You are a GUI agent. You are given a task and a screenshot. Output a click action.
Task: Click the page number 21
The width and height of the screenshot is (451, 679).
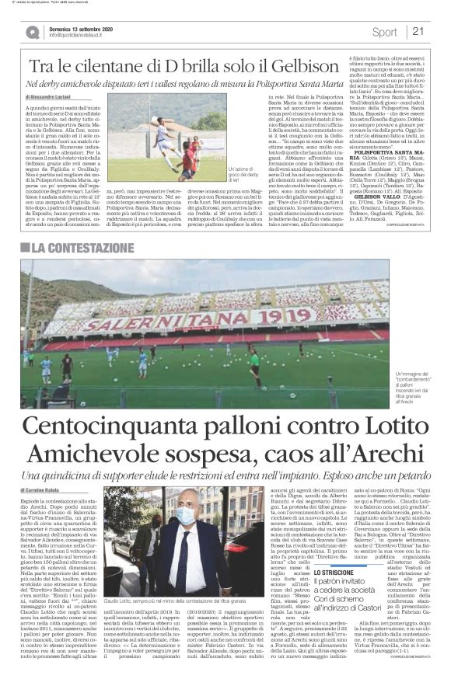coord(418,32)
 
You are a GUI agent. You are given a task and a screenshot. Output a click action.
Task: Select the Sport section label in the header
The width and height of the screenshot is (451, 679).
coord(384,32)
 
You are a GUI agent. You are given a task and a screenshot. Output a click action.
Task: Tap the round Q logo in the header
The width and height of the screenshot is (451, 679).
coord(32,32)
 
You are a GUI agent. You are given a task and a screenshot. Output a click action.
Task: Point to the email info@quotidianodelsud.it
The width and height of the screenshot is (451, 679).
coord(82,36)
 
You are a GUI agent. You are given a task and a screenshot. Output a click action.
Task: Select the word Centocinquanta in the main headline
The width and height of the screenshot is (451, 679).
coord(121,426)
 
